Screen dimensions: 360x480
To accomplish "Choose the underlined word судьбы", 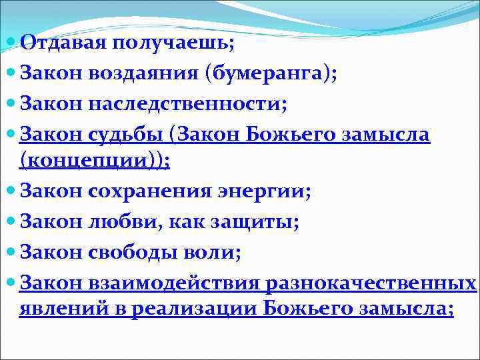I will tap(127, 133).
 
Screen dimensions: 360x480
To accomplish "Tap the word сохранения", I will tap(152, 191).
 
